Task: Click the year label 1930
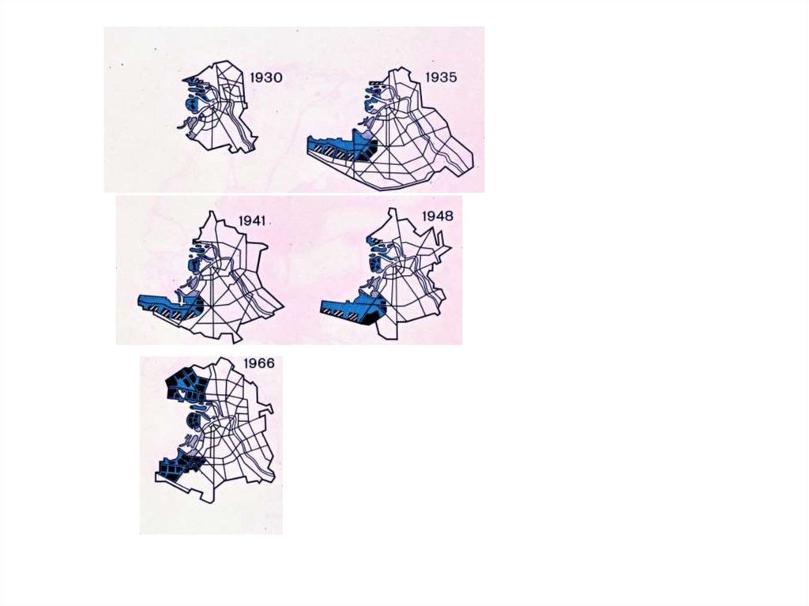pos(266,78)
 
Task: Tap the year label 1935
pos(441,77)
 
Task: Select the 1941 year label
pos(252,221)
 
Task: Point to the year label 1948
pos(438,216)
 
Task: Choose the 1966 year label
pos(259,363)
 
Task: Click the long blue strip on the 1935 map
pos(335,145)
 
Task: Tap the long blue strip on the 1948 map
pos(351,308)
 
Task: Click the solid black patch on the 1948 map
pos(371,318)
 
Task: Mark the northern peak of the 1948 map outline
pos(393,209)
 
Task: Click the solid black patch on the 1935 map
pos(369,154)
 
